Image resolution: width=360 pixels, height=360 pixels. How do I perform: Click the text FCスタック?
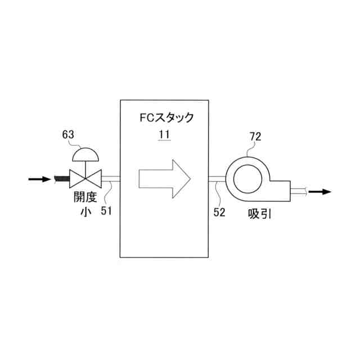click(166, 118)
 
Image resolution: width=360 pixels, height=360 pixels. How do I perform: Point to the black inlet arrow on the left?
click(38, 179)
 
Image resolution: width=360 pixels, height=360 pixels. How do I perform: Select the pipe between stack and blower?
click(217, 179)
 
